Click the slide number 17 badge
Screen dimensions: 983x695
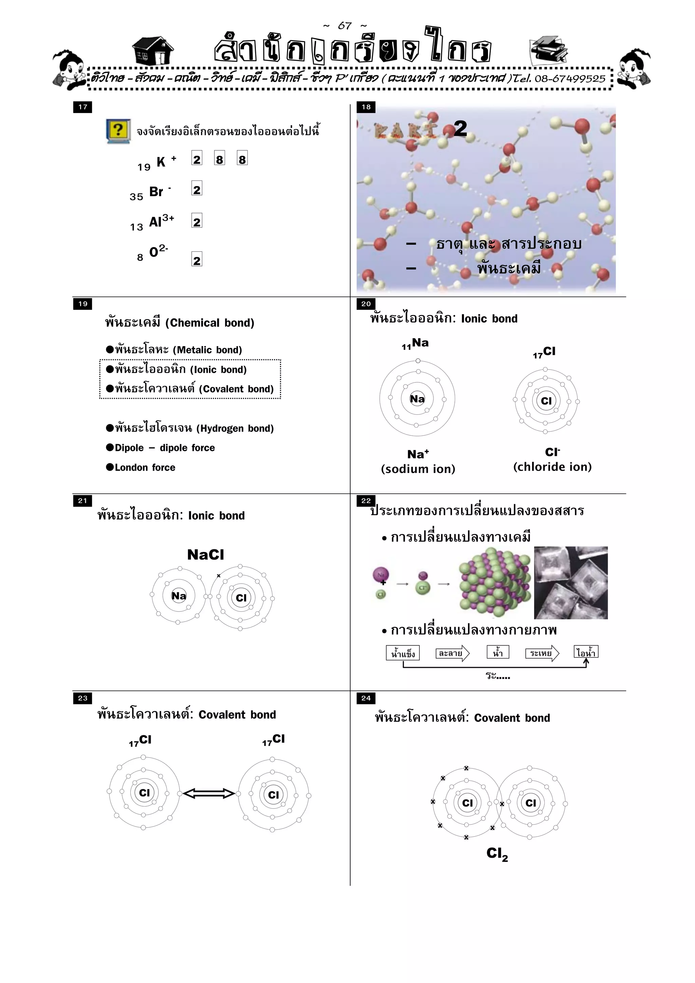click(x=83, y=107)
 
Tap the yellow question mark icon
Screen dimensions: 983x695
click(x=118, y=131)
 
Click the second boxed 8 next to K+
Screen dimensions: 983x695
click(x=242, y=159)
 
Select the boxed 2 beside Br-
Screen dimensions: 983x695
click(x=196, y=189)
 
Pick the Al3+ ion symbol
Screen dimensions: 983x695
click(x=161, y=221)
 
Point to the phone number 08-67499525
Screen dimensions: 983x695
click(x=569, y=79)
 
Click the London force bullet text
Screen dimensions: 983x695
click(x=145, y=468)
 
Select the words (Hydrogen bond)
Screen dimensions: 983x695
click(x=234, y=429)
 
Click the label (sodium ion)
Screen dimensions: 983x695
click(x=418, y=469)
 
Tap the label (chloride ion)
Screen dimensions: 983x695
click(x=552, y=467)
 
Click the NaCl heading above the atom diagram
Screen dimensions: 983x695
click(x=206, y=555)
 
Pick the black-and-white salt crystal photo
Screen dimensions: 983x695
click(x=570, y=583)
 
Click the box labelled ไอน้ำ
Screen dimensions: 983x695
click(x=585, y=653)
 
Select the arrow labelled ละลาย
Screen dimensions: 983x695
click(x=452, y=653)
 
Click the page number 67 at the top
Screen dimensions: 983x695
click(x=345, y=26)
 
